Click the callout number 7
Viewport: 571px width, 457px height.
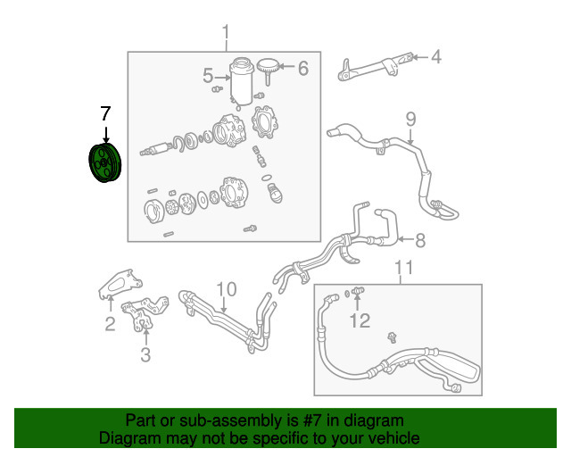105,113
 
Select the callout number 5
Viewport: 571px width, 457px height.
207,76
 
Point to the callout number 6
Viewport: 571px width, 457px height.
302,68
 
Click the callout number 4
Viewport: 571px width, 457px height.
436,58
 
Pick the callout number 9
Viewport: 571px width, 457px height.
410,119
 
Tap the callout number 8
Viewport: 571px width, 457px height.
420,238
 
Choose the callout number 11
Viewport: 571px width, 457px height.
403,267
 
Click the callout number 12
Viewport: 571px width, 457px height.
359,320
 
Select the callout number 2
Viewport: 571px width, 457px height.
110,325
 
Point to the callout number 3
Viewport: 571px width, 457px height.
145,355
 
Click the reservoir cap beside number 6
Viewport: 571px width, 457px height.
268,65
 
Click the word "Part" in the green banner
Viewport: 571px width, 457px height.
143,420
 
